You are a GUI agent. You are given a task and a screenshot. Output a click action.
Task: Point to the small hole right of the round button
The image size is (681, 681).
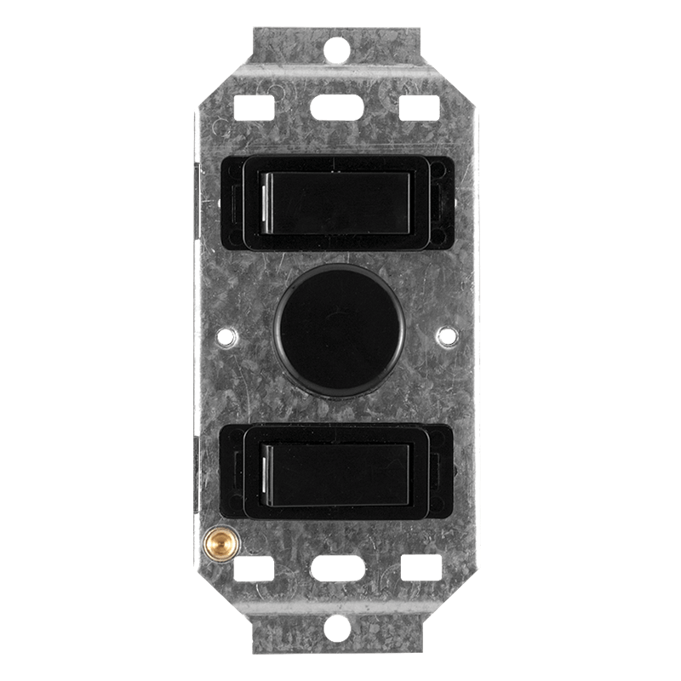point(446,337)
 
